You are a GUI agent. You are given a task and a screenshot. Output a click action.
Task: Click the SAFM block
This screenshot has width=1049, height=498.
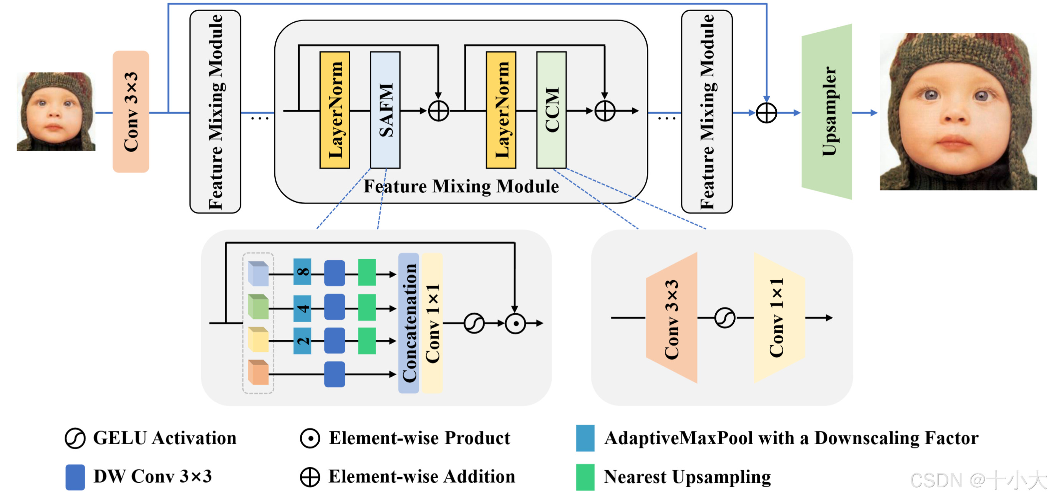(385, 110)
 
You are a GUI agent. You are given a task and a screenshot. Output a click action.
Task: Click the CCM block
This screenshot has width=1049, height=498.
(551, 110)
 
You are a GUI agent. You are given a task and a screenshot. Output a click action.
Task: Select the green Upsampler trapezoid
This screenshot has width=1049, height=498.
(827, 112)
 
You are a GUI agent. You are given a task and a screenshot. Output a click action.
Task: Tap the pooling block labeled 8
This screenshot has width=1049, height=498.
(302, 271)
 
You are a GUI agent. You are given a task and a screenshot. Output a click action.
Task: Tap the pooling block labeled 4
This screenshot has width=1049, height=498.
(302, 308)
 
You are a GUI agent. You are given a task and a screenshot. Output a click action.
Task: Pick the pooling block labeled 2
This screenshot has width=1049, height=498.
(302, 341)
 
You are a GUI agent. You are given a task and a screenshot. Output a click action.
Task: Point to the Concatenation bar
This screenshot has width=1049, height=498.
(408, 323)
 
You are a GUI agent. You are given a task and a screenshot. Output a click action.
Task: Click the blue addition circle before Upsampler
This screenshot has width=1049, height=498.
(766, 113)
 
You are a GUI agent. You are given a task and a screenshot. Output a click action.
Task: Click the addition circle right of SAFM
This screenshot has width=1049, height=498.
(439, 111)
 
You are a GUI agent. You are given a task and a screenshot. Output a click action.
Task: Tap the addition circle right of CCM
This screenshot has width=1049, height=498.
(605, 111)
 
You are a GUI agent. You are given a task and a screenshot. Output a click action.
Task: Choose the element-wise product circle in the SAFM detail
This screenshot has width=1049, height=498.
(515, 323)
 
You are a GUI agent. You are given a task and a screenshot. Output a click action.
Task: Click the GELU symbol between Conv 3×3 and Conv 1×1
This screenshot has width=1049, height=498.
(725, 318)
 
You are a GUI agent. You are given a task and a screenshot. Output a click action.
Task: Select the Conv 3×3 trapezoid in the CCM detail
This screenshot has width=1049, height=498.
(671, 318)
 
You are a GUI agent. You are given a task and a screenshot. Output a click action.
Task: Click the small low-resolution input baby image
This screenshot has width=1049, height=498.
(56, 112)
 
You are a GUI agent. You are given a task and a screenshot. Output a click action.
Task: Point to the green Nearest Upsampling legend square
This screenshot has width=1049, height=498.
(585, 477)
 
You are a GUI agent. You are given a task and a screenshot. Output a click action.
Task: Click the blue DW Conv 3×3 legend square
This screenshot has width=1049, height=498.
(75, 477)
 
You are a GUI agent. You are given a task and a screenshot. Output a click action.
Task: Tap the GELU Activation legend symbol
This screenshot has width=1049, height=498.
(75, 438)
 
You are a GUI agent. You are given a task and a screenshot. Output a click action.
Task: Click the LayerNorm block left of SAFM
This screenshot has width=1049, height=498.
(335, 110)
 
